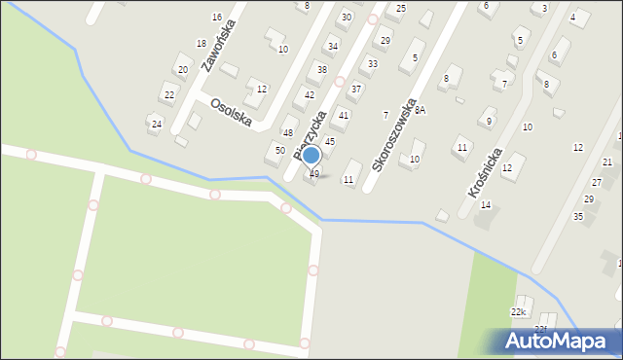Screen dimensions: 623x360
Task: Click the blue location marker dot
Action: [311, 156]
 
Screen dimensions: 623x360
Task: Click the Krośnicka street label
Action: [485, 173]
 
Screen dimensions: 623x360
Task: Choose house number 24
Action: [156, 125]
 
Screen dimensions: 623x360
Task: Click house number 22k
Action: [518, 312]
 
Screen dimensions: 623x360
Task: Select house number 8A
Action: [421, 111]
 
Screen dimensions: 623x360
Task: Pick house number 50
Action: [279, 150]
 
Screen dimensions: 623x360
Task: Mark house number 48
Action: [288, 132]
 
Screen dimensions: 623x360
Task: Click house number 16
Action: [217, 18]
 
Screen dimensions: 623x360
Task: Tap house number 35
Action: [577, 216]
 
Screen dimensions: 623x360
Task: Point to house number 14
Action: [486, 205]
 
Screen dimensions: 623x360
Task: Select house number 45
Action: [330, 142]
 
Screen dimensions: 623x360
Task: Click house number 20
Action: [182, 70]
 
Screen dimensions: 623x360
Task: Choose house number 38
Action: [321, 70]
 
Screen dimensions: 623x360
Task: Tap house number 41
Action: [343, 115]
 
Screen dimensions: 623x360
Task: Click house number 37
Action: [356, 89]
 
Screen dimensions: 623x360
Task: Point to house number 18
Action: [201, 43]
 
